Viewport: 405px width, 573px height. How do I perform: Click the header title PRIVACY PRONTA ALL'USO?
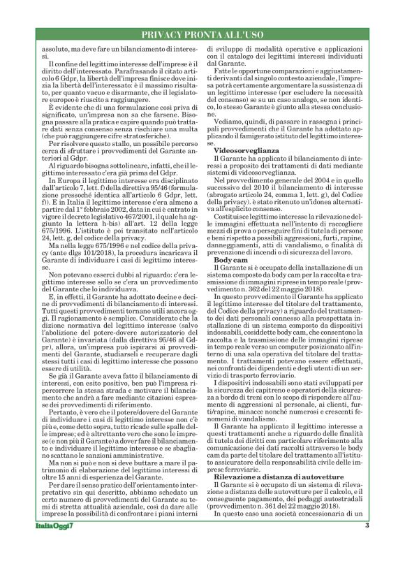[x=202, y=35]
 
